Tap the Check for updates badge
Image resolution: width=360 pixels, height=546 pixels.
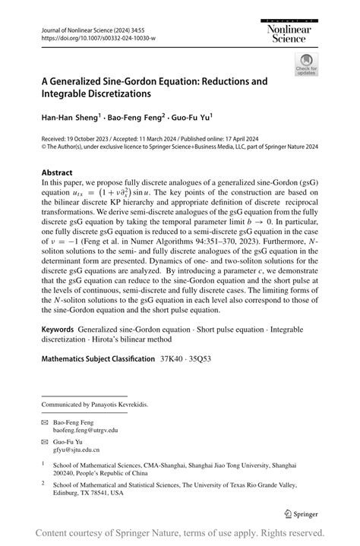pos(306,64)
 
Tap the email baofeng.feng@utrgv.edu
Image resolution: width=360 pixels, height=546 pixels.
pos(85,429)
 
